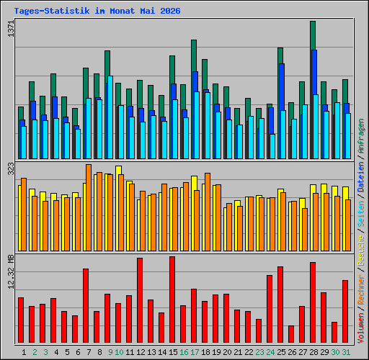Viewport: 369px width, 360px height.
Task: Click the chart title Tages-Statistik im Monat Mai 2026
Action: click(97, 11)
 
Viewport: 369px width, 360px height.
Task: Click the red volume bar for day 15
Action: click(172, 300)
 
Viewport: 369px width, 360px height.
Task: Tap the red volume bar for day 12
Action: click(140, 300)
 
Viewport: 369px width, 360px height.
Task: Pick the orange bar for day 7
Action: click(89, 207)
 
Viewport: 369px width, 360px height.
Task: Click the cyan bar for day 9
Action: click(110, 117)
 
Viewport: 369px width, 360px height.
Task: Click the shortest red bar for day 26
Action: click(291, 334)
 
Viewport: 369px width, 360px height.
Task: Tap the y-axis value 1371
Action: click(11, 29)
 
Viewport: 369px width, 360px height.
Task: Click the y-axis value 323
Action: click(11, 168)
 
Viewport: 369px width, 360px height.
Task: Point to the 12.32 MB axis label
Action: click(11, 272)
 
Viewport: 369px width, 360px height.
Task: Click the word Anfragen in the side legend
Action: click(360, 136)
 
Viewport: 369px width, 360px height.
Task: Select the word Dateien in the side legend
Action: click(360, 177)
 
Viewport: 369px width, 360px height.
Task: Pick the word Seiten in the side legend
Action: click(360, 214)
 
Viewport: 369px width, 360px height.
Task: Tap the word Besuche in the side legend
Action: click(360, 251)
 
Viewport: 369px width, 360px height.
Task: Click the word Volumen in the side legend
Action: click(360, 328)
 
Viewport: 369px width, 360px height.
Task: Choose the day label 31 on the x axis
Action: click(346, 352)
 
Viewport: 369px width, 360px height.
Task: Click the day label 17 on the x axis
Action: click(195, 352)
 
